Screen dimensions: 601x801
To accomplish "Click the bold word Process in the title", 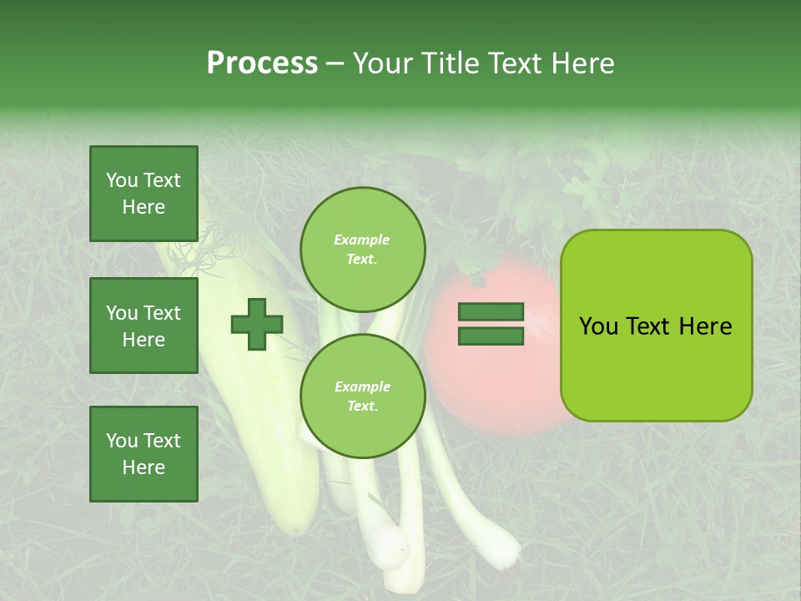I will tap(262, 63).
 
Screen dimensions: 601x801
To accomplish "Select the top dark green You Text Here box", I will tap(144, 194).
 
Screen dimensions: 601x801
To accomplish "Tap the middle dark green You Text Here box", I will tap(144, 326).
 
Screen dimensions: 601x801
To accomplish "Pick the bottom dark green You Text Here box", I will tap(144, 453).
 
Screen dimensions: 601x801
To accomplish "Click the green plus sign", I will tap(257, 325).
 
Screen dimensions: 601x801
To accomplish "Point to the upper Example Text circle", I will tap(362, 249).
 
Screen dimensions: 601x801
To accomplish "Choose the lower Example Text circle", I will tap(362, 396).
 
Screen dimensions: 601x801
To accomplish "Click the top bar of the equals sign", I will tap(491, 312).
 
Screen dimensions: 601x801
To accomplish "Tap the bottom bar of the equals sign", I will tap(491, 336).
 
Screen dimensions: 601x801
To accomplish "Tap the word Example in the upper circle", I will tap(362, 240).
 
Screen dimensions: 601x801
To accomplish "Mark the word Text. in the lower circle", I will tap(362, 406).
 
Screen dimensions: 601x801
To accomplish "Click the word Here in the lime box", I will tap(705, 326).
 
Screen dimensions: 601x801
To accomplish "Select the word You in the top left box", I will tap(123, 180).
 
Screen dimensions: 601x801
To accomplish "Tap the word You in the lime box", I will tap(598, 326).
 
